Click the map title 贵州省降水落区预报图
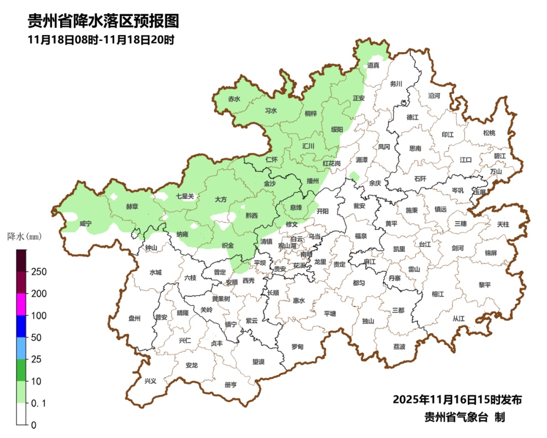[x=103, y=21]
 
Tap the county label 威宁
[x=86, y=224]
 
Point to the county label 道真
[x=373, y=65]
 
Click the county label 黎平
[x=485, y=285]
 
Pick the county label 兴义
[x=150, y=381]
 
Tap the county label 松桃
[x=489, y=133]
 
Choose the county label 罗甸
[x=297, y=347]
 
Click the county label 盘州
[x=134, y=318]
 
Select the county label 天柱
[x=503, y=224]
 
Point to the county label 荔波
[x=399, y=347]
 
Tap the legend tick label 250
[x=38, y=272]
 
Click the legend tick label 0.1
[x=38, y=403]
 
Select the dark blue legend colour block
[x=21, y=326]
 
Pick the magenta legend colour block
[x=21, y=304]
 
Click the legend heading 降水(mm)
[x=24, y=236]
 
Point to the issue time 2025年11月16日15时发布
[x=457, y=399]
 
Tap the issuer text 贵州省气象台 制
[x=464, y=417]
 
